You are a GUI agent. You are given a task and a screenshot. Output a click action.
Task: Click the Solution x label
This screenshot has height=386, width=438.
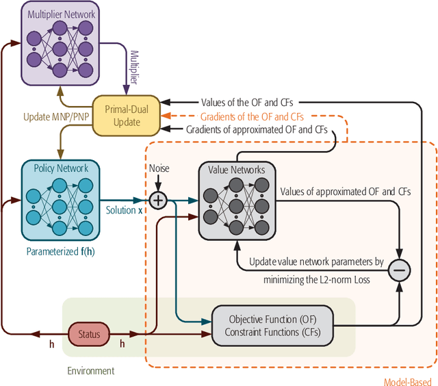pos(124,209)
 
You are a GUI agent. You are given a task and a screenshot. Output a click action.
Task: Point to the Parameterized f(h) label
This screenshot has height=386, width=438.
pos(60,250)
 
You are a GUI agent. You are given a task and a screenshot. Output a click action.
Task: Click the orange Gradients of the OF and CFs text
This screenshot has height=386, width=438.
pos(252,116)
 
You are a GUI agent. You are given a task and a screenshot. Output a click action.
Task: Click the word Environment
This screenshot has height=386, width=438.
pos(90,370)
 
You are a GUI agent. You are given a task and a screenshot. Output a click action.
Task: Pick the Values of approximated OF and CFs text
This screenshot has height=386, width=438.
pos(345,192)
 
